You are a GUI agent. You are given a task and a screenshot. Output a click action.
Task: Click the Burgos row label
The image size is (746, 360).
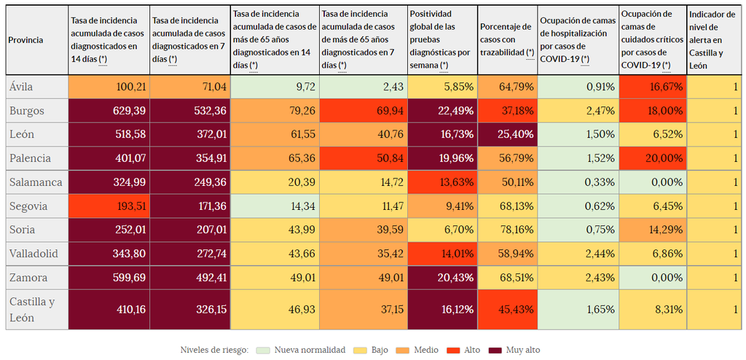28,111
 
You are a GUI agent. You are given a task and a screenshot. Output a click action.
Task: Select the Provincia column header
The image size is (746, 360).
25,40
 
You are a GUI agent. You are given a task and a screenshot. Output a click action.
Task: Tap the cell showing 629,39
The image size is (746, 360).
109,111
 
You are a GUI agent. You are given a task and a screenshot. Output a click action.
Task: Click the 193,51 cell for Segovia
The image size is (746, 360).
109,206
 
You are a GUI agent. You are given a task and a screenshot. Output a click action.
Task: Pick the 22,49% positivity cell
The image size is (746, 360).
442,111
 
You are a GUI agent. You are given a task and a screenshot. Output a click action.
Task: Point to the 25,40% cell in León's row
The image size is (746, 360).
508,135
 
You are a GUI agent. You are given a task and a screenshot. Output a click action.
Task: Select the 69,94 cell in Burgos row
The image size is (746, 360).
364,111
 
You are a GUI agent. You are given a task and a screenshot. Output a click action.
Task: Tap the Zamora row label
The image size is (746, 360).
28,278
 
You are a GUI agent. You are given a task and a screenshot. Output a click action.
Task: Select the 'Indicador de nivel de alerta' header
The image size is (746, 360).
713,40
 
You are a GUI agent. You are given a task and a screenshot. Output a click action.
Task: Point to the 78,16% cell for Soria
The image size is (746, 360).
508,230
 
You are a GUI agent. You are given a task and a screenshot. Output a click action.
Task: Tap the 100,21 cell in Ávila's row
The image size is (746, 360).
109,87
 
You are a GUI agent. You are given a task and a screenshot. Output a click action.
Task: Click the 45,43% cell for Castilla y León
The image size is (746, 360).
508,309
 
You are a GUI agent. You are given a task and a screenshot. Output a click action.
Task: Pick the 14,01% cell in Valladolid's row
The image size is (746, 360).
442,254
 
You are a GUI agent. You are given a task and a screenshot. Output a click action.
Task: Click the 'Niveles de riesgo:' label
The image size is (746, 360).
214,350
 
